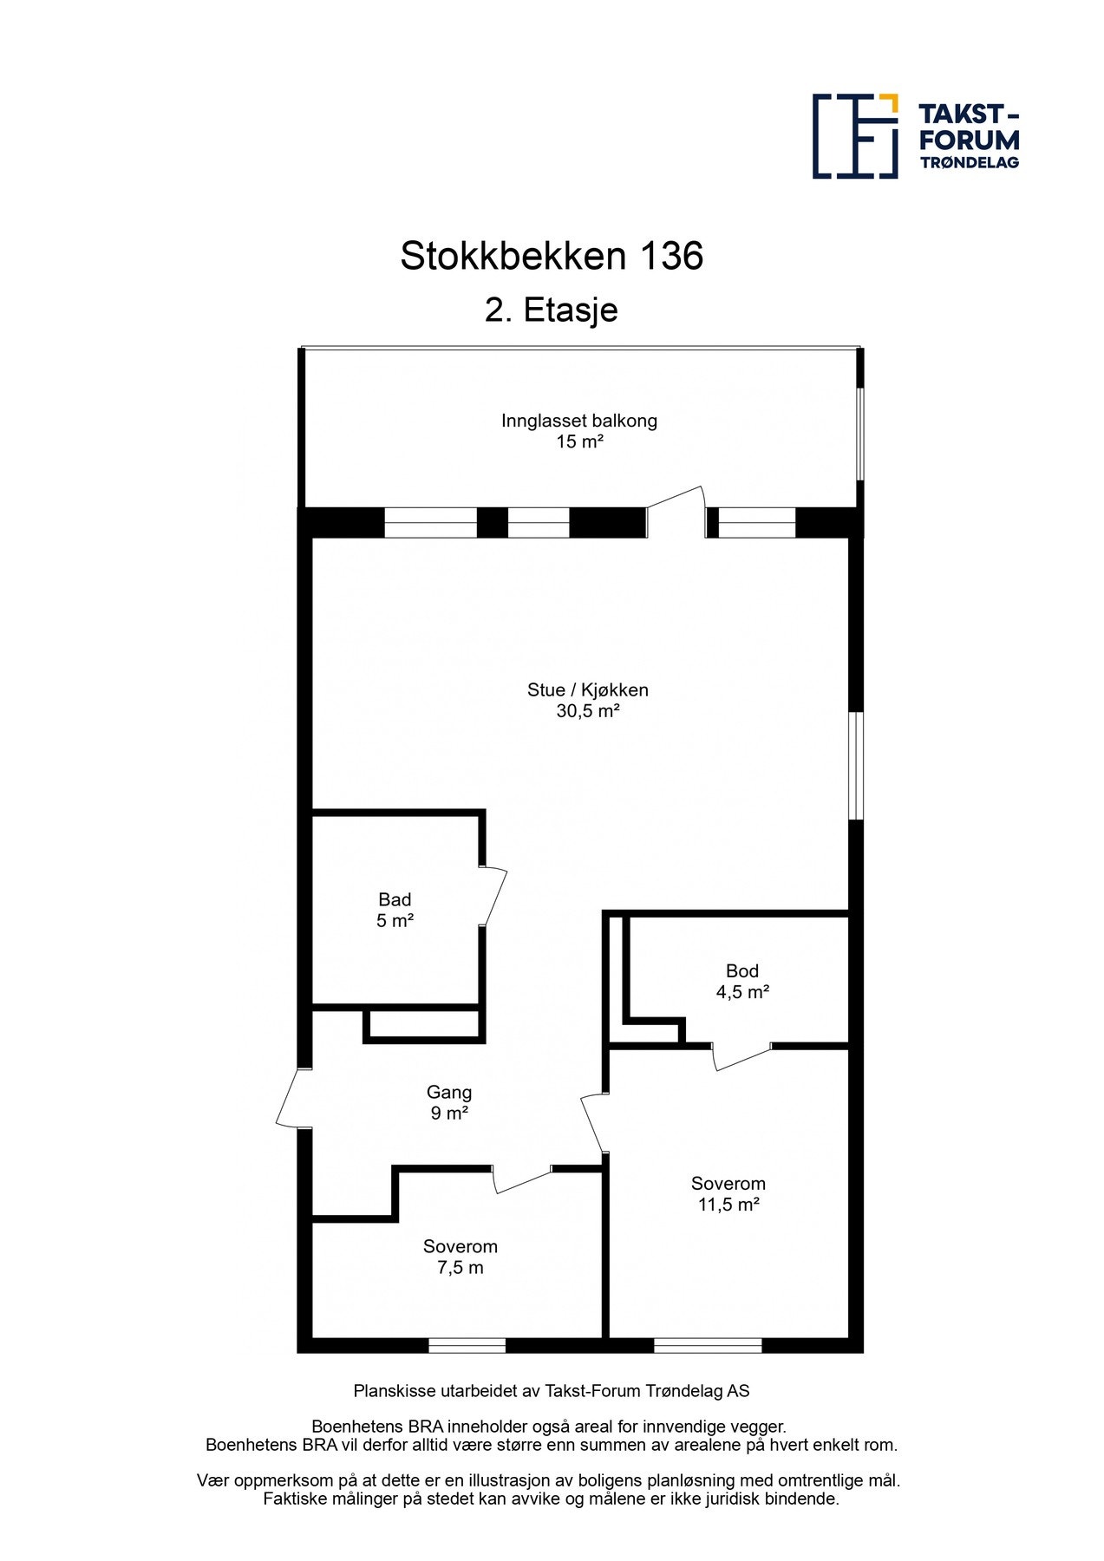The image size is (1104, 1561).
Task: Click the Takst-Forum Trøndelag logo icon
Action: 854,136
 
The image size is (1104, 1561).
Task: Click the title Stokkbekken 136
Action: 551,257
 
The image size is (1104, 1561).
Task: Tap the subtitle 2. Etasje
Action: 551,310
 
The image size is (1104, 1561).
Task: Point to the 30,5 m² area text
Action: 587,711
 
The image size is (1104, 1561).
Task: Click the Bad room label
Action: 395,900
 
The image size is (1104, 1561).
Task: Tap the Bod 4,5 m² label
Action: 742,982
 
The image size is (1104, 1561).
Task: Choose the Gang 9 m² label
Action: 449,1103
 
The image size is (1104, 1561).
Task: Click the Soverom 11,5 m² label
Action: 728,1194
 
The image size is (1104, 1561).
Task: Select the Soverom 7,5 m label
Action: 461,1257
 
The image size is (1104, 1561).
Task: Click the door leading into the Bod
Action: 741,1056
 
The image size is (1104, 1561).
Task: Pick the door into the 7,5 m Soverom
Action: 522,1179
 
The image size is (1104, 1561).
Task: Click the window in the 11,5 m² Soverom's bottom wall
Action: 708,1345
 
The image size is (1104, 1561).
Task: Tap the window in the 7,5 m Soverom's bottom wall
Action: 467,1345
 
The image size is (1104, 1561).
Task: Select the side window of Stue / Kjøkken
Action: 855,766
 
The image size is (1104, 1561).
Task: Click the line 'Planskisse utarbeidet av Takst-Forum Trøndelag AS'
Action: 551,1391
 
